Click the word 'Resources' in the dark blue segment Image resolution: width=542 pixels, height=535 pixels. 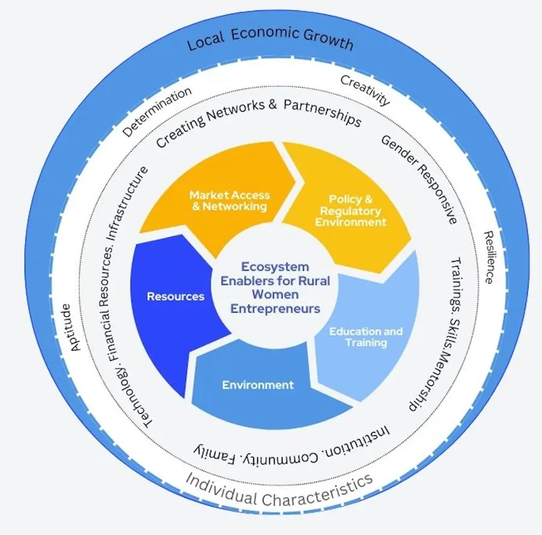pyautogui.click(x=175, y=296)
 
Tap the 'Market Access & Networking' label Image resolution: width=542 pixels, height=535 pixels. pyautogui.click(x=230, y=201)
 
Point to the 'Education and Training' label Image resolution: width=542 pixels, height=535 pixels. pyautogui.click(x=365, y=337)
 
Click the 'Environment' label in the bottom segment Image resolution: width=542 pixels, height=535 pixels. pyautogui.click(x=258, y=385)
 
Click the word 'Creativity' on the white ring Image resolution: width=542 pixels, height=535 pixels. pyautogui.click(x=365, y=90)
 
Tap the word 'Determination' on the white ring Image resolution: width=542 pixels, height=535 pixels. pyautogui.click(x=158, y=111)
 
